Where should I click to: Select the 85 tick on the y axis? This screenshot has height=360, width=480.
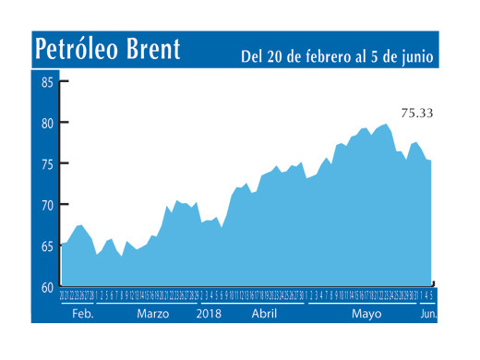48,81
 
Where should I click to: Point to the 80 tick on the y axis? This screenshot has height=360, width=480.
48,123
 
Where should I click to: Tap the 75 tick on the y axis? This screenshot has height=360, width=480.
48,164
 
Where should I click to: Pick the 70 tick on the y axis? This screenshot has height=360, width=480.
48,205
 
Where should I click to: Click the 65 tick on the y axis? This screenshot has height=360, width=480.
48,246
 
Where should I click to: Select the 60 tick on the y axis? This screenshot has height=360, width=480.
48,287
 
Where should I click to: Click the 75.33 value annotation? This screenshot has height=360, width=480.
417,114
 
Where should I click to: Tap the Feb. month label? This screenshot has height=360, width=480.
82,314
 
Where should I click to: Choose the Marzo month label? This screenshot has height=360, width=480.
152,314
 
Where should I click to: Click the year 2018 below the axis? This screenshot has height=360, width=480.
210,314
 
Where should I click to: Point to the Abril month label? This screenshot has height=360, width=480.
266,314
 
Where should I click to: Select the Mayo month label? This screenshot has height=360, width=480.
366,314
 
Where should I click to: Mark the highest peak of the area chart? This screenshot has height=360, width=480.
386,123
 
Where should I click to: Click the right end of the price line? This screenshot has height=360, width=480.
430,161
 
